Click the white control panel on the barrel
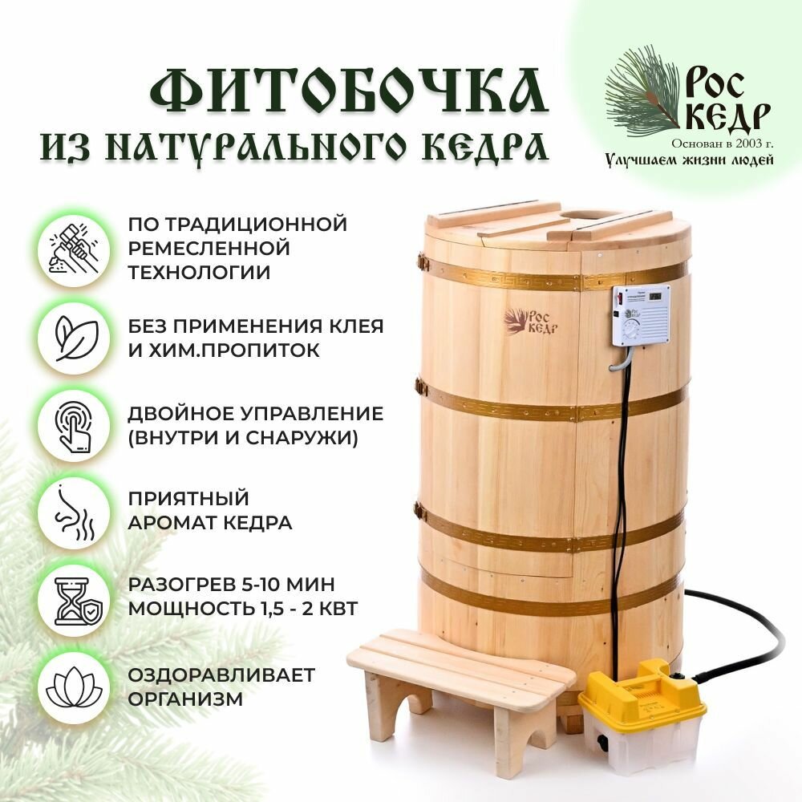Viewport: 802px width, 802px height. [641, 315]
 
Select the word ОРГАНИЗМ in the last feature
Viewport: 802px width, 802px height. [185, 699]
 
